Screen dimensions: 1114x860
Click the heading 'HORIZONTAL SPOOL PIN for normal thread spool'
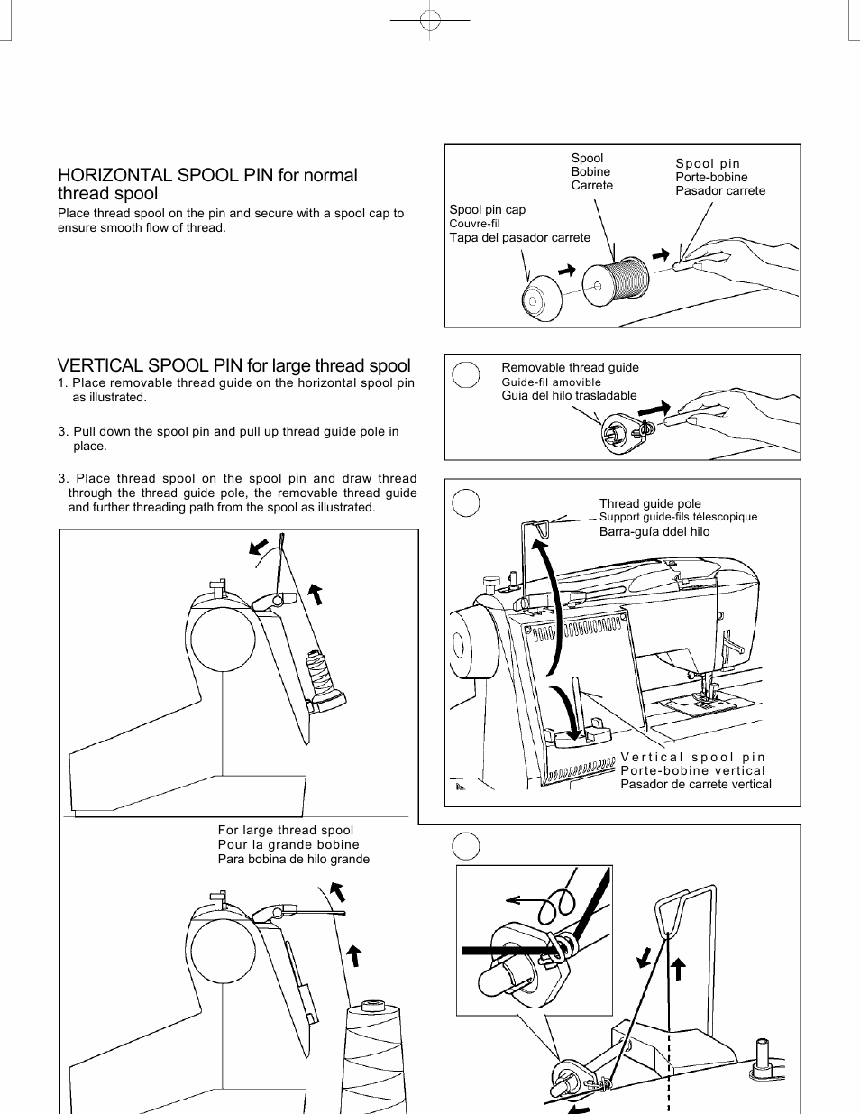(207, 184)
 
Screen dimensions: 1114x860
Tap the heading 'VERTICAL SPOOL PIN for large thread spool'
(233, 365)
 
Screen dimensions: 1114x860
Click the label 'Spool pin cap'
(487, 209)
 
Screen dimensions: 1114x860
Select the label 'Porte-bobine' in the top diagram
(711, 177)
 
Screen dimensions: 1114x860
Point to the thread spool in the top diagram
(617, 281)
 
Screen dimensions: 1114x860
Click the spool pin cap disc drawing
(541, 298)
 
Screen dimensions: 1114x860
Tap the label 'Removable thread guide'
(570, 367)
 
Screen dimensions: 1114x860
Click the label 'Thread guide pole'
(650, 503)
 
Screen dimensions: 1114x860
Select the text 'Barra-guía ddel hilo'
(654, 531)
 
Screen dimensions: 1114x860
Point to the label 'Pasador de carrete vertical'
(695, 784)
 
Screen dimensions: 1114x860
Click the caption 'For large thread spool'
(286, 830)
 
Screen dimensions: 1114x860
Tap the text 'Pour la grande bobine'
(288, 844)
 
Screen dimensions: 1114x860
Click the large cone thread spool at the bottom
(374, 1055)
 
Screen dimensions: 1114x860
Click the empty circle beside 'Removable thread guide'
(466, 374)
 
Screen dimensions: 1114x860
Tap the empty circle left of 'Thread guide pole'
(466, 503)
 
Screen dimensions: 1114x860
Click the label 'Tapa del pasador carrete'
(520, 237)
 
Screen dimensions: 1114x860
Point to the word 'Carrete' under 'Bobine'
(591, 185)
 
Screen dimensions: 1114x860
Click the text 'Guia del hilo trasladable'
(569, 395)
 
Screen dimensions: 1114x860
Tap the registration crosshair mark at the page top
(431, 19)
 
